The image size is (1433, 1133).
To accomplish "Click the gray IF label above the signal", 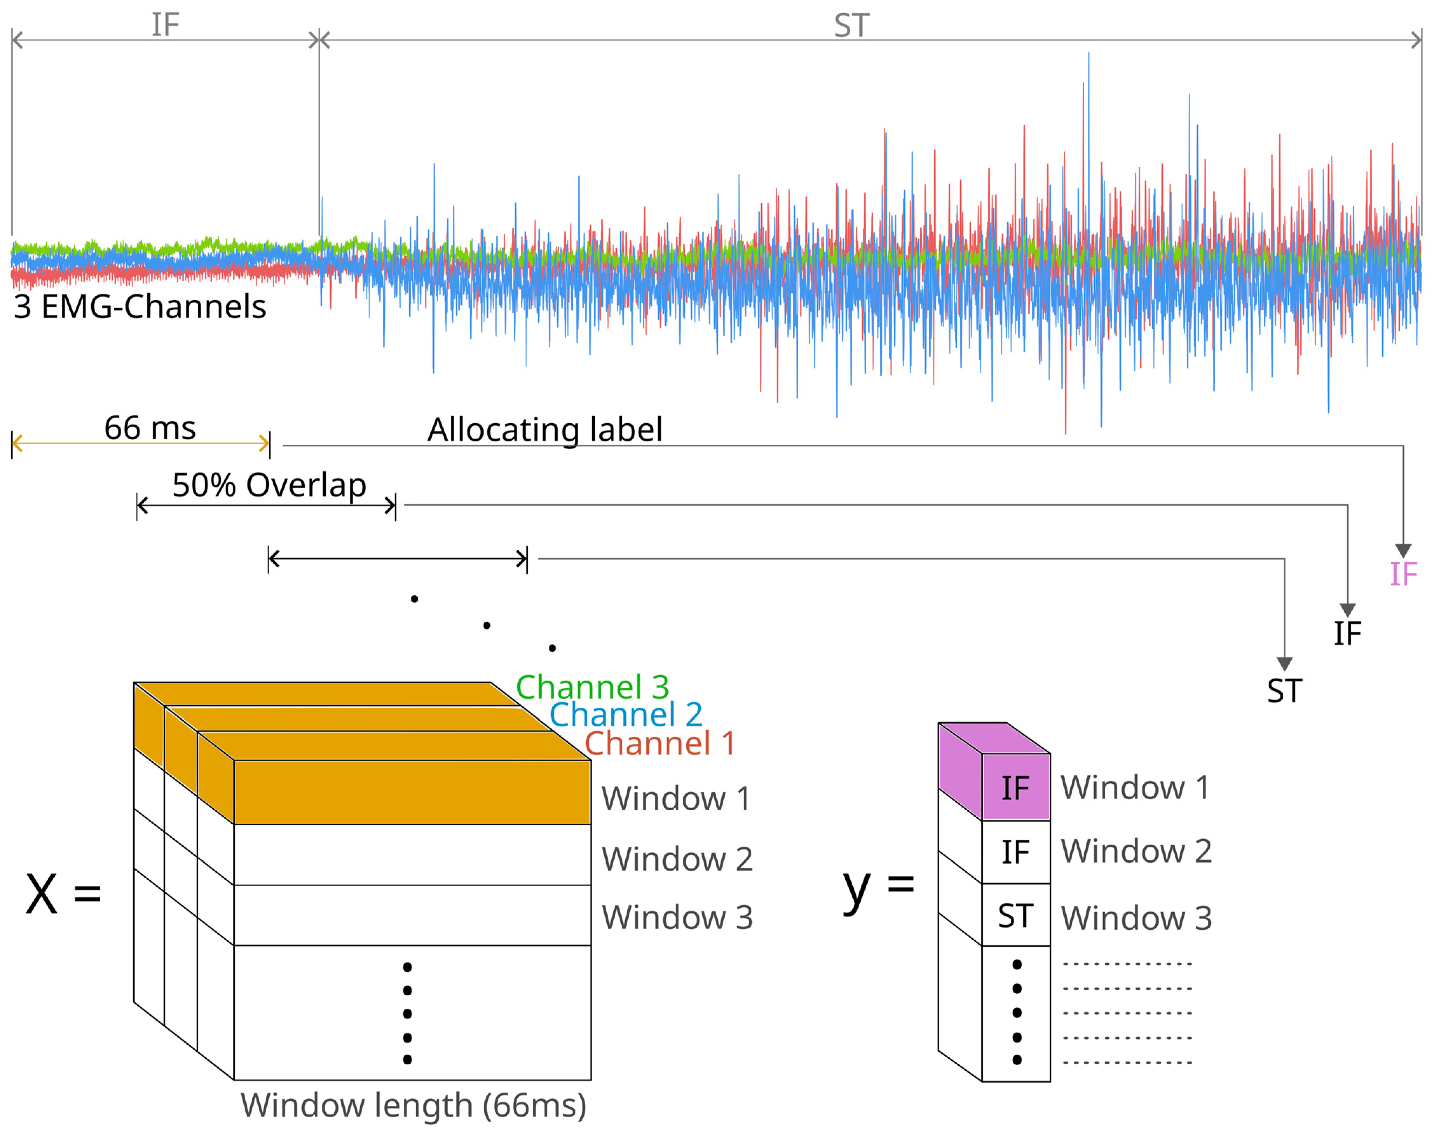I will pyautogui.click(x=165, y=25).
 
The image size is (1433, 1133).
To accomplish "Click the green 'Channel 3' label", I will pyautogui.click(x=592, y=687).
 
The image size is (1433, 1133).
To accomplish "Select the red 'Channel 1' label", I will pyautogui.click(x=660, y=743).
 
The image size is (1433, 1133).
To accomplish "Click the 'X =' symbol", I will pyautogui.click(x=63, y=894).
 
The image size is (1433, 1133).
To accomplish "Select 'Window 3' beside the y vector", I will pyautogui.click(x=1136, y=919).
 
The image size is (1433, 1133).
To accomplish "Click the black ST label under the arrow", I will pyautogui.click(x=1284, y=691).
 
